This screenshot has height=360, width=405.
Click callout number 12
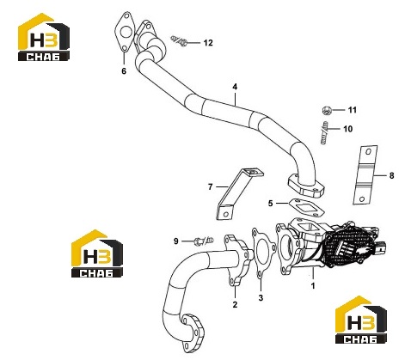pyautogui.click(x=208, y=43)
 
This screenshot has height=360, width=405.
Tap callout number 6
pyautogui.click(x=124, y=70)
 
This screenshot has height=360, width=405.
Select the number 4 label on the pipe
pyautogui.click(x=235, y=87)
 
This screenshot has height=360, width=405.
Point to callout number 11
pyautogui.click(x=353, y=110)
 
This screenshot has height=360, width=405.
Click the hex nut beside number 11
pyautogui.click(x=326, y=110)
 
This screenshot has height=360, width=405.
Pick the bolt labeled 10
pyautogui.click(x=323, y=132)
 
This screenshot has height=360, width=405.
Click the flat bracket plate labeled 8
pyautogui.click(x=365, y=175)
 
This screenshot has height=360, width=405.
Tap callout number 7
pyautogui.click(x=211, y=187)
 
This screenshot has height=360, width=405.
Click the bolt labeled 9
pyautogui.click(x=204, y=241)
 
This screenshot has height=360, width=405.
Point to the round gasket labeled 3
pyautogui.click(x=263, y=253)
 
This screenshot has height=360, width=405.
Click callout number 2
pyautogui.click(x=235, y=304)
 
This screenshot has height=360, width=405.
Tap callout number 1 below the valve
pyautogui.click(x=313, y=285)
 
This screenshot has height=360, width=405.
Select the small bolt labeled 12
pyautogui.click(x=180, y=41)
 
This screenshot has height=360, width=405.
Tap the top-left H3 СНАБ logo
pyautogui.click(x=44, y=37)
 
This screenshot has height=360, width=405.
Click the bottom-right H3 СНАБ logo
pyautogui.click(x=361, y=320)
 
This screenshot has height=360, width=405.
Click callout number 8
pyautogui.click(x=391, y=175)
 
